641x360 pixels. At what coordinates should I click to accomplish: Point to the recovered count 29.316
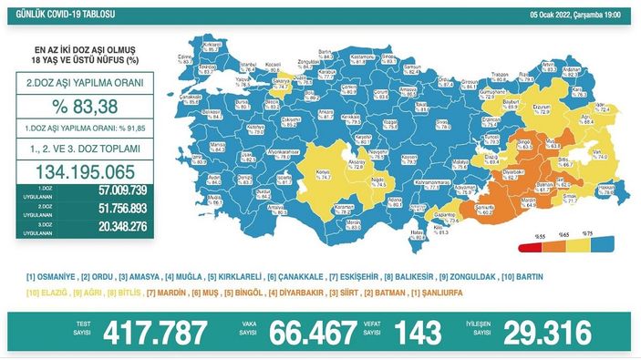pyautogui.click(x=545, y=333)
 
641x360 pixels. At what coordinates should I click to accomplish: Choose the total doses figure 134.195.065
pyautogui.click(x=81, y=172)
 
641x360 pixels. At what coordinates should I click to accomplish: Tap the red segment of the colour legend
pyautogui.click(x=528, y=246)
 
